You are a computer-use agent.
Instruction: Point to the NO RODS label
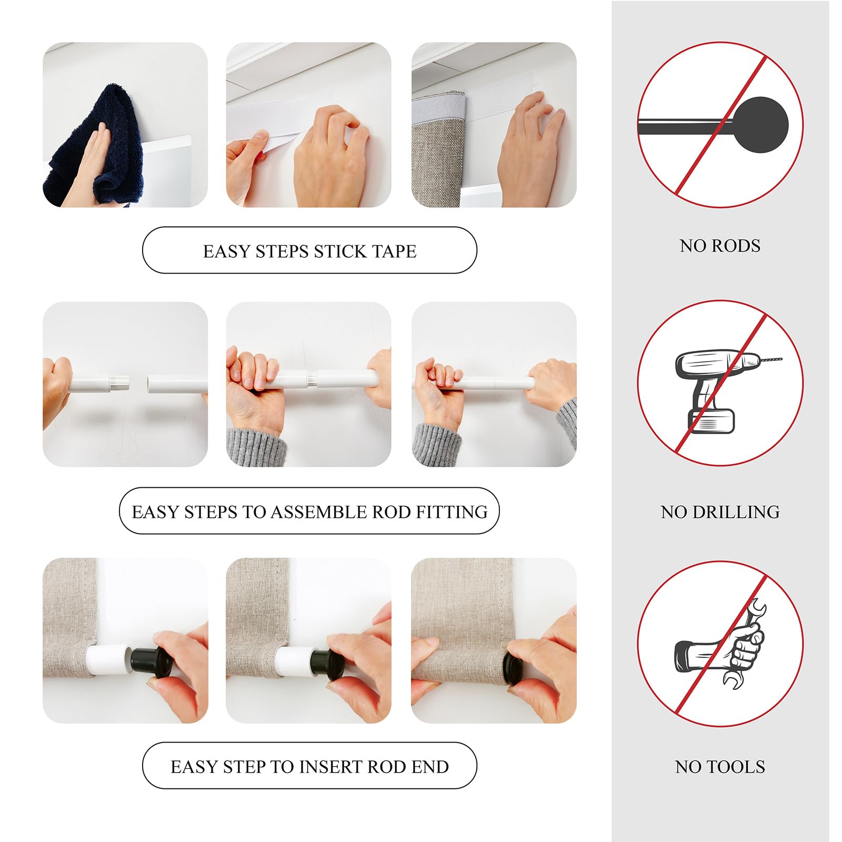tap(719, 246)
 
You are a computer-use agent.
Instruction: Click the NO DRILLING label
tap(719, 512)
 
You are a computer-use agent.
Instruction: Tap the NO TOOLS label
tap(719, 767)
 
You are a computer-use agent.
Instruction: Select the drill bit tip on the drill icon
tap(771, 360)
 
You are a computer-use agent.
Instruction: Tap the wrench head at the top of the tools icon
tap(756, 610)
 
